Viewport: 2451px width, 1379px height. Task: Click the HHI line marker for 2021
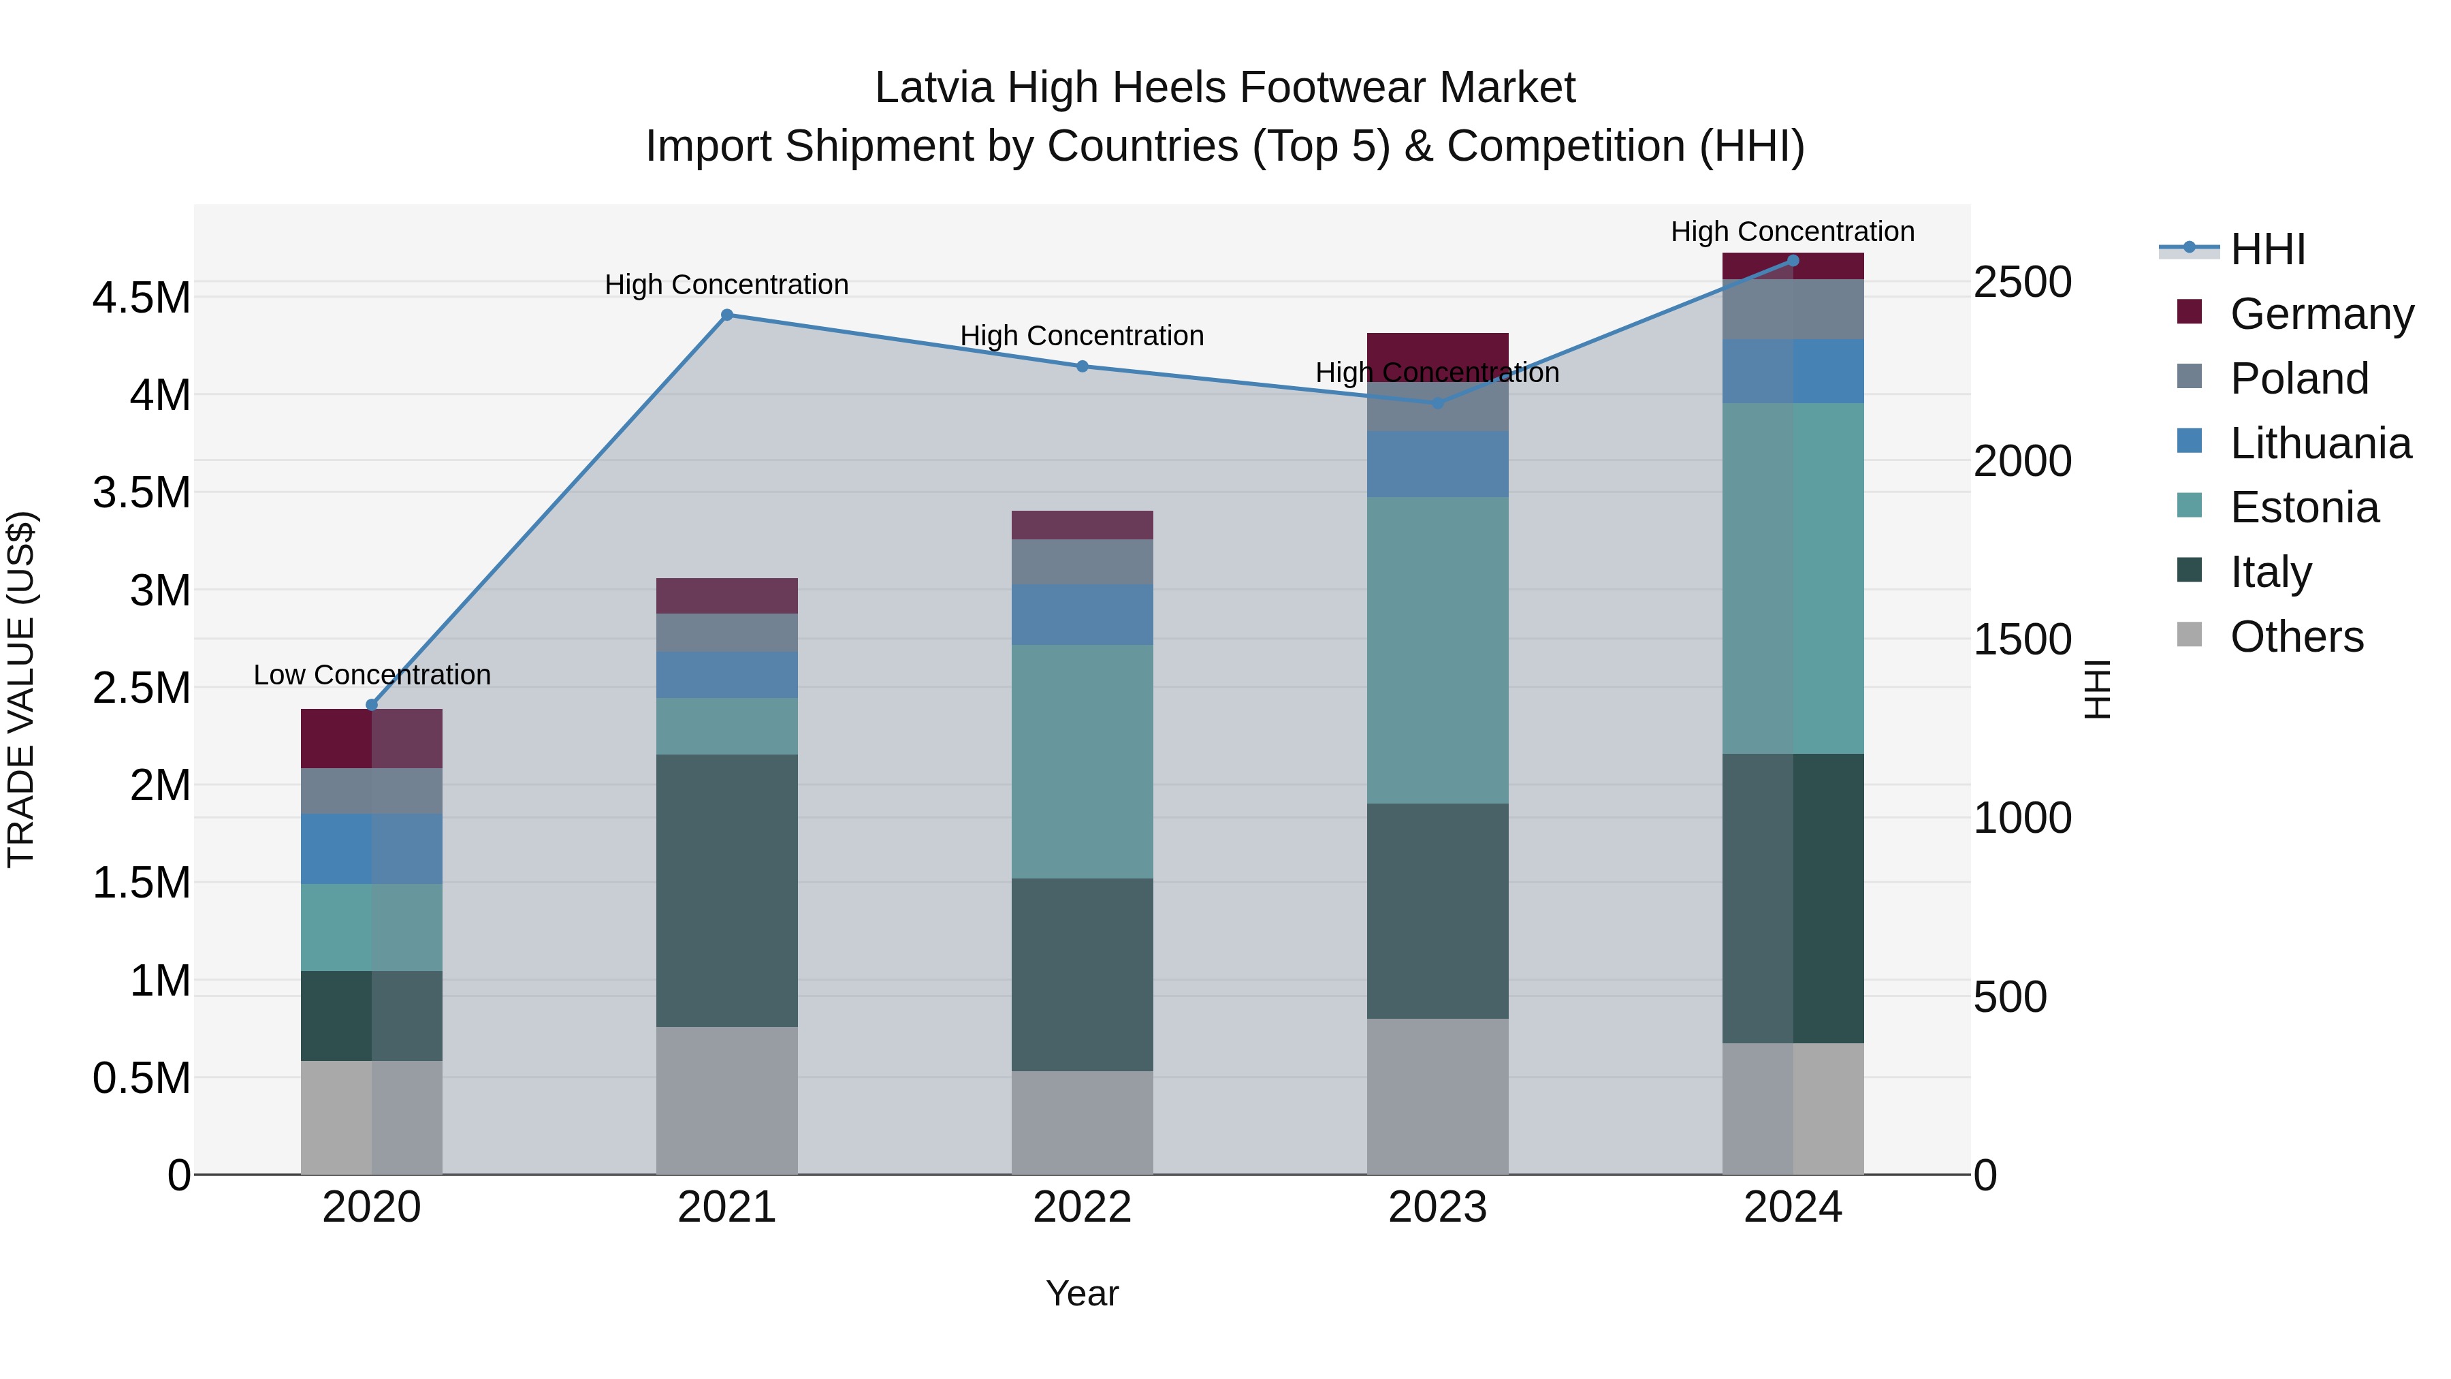pyautogui.click(x=727, y=315)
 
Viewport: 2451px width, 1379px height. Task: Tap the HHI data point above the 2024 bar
pyautogui.click(x=1793, y=261)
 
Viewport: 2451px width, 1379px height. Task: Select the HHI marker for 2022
pyautogui.click(x=1082, y=366)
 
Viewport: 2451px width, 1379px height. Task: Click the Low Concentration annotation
pyautogui.click(x=372, y=675)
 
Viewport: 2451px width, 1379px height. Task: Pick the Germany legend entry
pyautogui.click(x=2321, y=314)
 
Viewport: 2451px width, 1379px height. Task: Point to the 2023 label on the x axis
pyautogui.click(x=1437, y=1207)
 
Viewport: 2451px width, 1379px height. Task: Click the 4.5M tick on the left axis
pyautogui.click(x=142, y=298)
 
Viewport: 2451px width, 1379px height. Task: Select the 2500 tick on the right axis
pyautogui.click(x=2022, y=283)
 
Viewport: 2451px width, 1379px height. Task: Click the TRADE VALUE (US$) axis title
pyautogui.click(x=22, y=689)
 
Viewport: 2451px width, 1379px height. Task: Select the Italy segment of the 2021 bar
pyautogui.click(x=727, y=890)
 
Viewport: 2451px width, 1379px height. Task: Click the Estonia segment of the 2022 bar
pyautogui.click(x=1082, y=761)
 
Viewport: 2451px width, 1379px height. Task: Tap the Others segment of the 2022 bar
pyautogui.click(x=1082, y=1123)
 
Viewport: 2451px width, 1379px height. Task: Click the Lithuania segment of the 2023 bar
pyautogui.click(x=1437, y=464)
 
